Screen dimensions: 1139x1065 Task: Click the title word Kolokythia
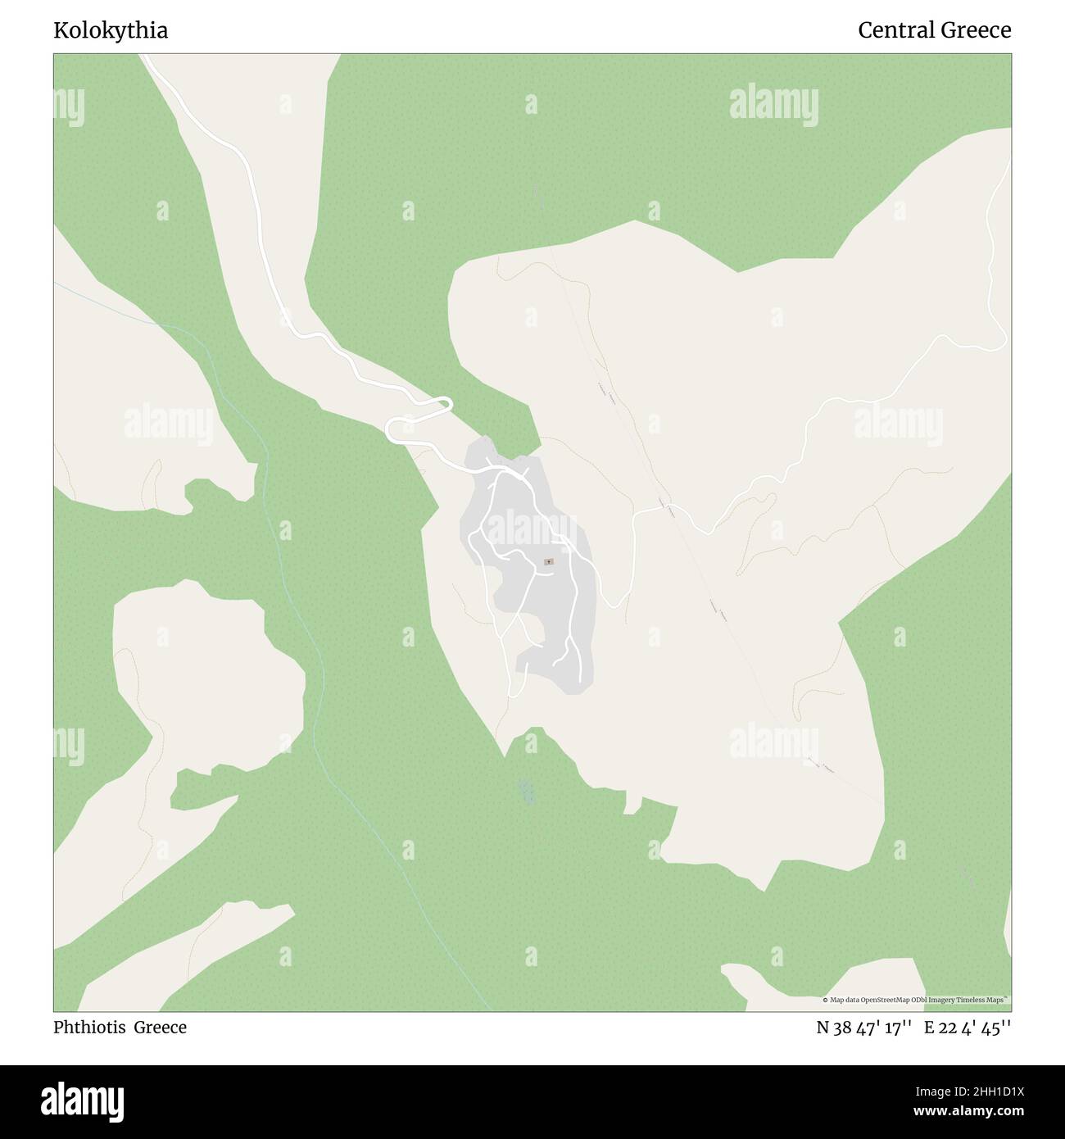click(111, 31)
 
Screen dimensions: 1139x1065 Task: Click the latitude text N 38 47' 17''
click(864, 1028)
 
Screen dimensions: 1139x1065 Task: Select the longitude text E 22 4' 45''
click(968, 1028)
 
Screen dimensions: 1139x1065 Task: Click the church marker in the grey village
click(548, 561)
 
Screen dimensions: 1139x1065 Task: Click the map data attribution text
click(915, 1001)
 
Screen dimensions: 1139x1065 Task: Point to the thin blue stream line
click(311, 656)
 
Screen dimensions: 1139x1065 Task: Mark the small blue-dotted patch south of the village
click(527, 791)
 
